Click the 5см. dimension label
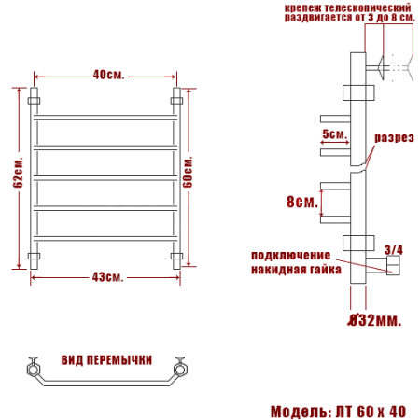click(x=333, y=134)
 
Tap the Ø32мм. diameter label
click(x=374, y=321)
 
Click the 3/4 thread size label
click(x=393, y=249)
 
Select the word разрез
click(x=394, y=137)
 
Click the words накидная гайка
click(x=290, y=270)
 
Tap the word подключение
click(x=290, y=256)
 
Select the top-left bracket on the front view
click(x=35, y=98)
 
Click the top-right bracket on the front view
click(x=175, y=98)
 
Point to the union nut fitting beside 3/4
click(x=393, y=269)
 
